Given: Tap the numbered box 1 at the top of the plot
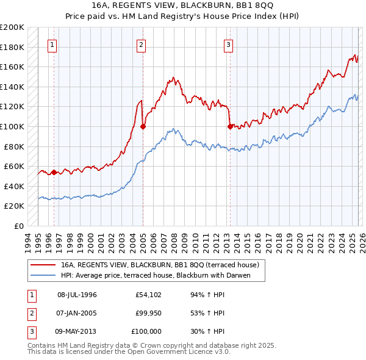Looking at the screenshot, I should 52,44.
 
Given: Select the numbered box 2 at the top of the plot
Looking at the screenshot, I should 141,44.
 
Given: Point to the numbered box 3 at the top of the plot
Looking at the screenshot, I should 228,44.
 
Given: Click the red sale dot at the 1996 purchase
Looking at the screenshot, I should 54,172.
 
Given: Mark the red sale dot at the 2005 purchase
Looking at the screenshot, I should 143,127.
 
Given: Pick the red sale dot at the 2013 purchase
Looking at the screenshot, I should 230,126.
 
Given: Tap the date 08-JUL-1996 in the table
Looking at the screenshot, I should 77,295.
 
